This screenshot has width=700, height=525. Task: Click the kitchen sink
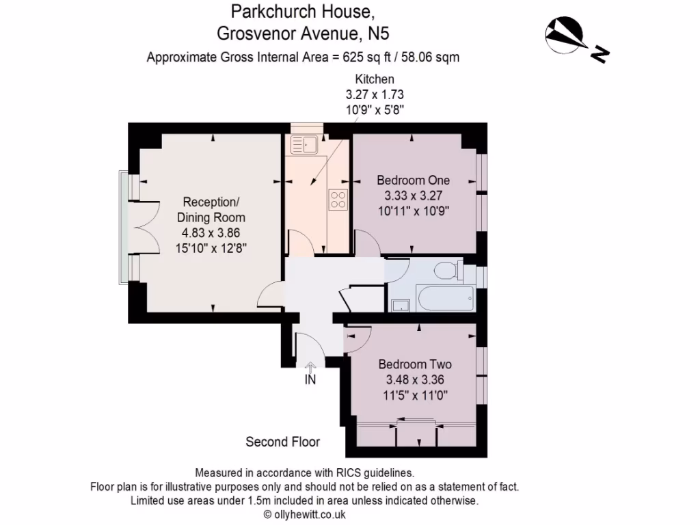coord(302,144)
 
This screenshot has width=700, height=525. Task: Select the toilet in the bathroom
coord(448,270)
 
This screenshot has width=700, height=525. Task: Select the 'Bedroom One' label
coord(414,180)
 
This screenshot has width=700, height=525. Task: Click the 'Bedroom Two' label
coord(415,364)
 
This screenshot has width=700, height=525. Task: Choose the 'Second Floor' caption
coord(283,442)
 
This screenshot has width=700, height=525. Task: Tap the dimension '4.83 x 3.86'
coord(211,232)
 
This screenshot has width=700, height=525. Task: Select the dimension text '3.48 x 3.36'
coord(415,379)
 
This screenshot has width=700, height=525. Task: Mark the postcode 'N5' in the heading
coord(383,33)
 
